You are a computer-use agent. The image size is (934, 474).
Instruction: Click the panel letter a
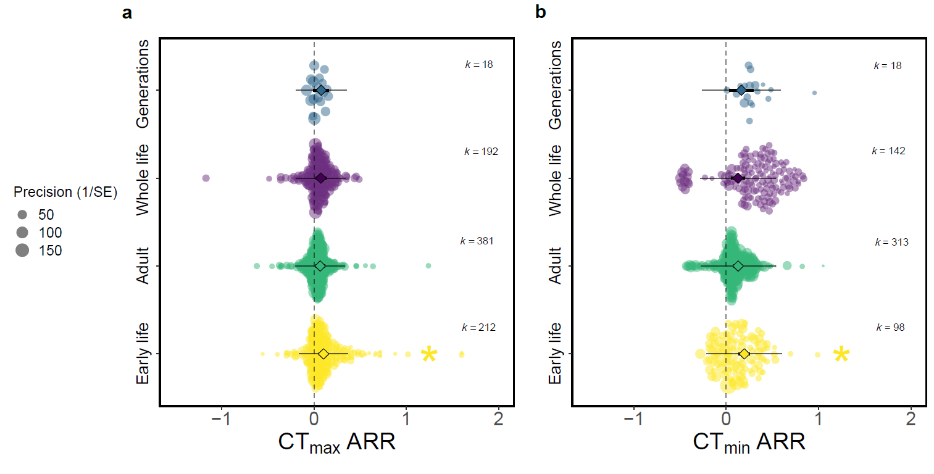[x=128, y=13]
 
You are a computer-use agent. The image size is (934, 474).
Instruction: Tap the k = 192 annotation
[x=481, y=152]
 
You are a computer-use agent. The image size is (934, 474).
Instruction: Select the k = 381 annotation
[x=477, y=241]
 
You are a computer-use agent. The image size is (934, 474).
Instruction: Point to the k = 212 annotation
[x=478, y=328]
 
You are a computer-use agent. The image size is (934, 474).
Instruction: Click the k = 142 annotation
[x=888, y=151]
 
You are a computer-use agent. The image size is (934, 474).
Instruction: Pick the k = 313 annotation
[x=891, y=243]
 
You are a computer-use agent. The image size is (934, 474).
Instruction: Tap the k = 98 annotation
[x=890, y=328]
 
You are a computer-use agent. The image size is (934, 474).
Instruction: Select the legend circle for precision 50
[x=23, y=215]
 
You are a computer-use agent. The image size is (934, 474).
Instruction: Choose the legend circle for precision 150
[x=23, y=251]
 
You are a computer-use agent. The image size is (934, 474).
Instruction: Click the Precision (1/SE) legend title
[x=65, y=192]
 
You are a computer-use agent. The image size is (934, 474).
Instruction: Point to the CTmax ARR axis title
[x=336, y=443]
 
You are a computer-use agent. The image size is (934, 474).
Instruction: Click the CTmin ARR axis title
[x=749, y=443]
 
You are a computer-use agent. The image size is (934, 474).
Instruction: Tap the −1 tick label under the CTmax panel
[x=222, y=421]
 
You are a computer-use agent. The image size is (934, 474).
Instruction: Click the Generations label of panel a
[x=143, y=85]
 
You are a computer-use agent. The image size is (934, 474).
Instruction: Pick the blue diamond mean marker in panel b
[x=741, y=90]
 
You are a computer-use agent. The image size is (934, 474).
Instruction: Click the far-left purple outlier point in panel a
[x=206, y=178]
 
